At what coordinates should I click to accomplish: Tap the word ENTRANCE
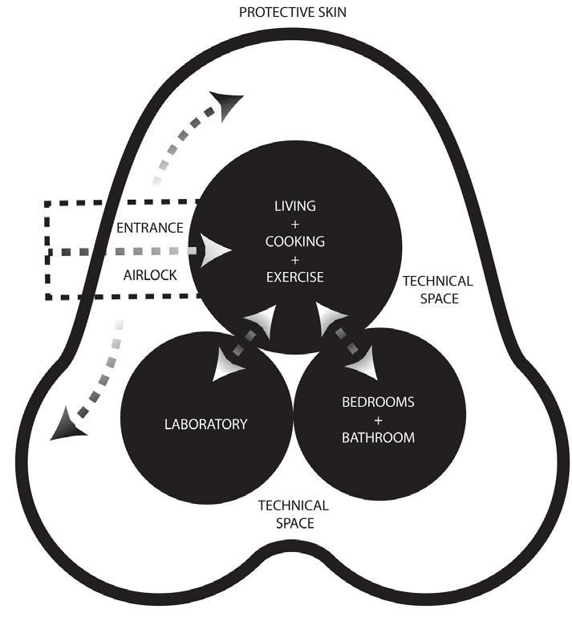coord(151,228)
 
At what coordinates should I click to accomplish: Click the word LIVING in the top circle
coord(294,206)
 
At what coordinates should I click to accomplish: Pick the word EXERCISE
coord(294,277)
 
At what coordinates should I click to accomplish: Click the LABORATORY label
coord(206,424)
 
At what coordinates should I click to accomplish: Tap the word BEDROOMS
coord(379,402)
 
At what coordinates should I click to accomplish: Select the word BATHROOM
coord(379,437)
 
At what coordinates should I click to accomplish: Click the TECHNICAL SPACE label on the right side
coord(437,290)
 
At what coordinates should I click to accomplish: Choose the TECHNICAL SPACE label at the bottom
coord(293,513)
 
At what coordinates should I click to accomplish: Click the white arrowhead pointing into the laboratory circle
coord(228,367)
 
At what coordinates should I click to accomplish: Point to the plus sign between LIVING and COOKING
coord(294,224)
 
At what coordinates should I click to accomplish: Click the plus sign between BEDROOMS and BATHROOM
coord(379,420)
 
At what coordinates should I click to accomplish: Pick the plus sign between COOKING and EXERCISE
coord(294,259)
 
